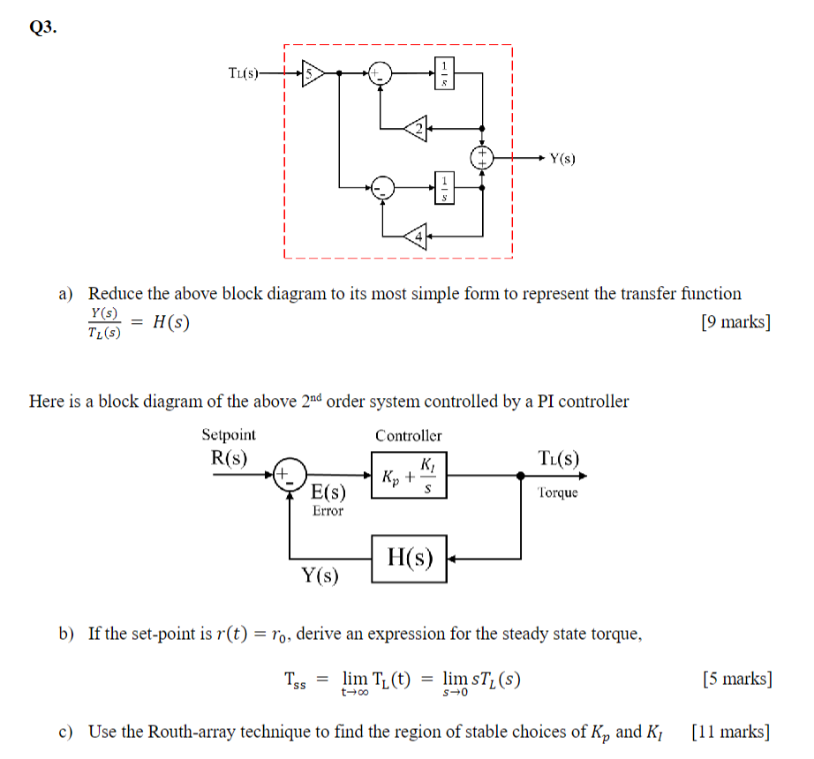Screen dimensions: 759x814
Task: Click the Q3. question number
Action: (x=43, y=27)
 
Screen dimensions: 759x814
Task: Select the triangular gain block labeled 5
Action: (x=312, y=74)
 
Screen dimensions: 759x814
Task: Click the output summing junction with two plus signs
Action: (x=482, y=158)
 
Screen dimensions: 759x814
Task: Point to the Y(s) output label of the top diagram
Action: (x=562, y=159)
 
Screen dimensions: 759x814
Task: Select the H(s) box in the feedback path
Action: (x=410, y=558)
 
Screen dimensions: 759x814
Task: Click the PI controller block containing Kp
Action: (x=409, y=474)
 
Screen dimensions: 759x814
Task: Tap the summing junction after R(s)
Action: (x=290, y=474)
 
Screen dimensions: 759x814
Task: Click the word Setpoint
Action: (x=229, y=434)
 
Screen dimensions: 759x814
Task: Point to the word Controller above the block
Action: (x=408, y=435)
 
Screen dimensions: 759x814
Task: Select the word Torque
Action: (x=557, y=492)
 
